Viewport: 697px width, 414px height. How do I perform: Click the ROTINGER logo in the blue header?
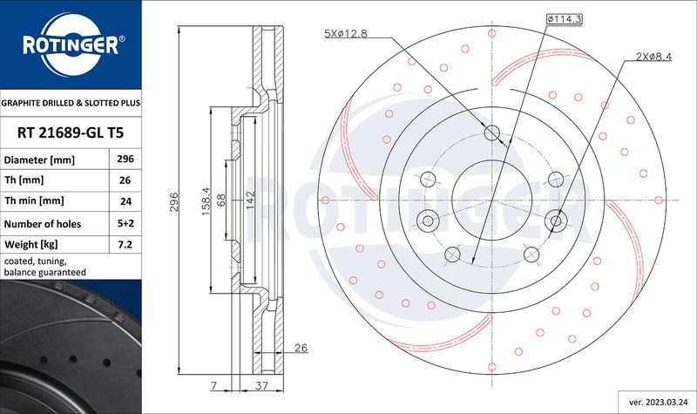coord(70,44)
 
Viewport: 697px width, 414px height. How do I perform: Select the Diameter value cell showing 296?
coord(124,160)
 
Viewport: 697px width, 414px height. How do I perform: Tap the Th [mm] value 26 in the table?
coord(124,181)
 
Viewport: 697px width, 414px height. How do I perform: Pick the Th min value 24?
coord(124,202)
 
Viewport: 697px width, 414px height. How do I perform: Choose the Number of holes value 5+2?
coord(124,224)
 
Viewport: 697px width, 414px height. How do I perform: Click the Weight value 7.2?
coord(124,245)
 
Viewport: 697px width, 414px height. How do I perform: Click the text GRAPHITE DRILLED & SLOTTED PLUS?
coord(70,103)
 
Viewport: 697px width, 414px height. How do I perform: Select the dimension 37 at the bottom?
coord(261,384)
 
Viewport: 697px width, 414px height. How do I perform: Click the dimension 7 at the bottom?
coord(213,384)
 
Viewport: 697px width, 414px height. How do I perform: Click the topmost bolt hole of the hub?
coord(492,133)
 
